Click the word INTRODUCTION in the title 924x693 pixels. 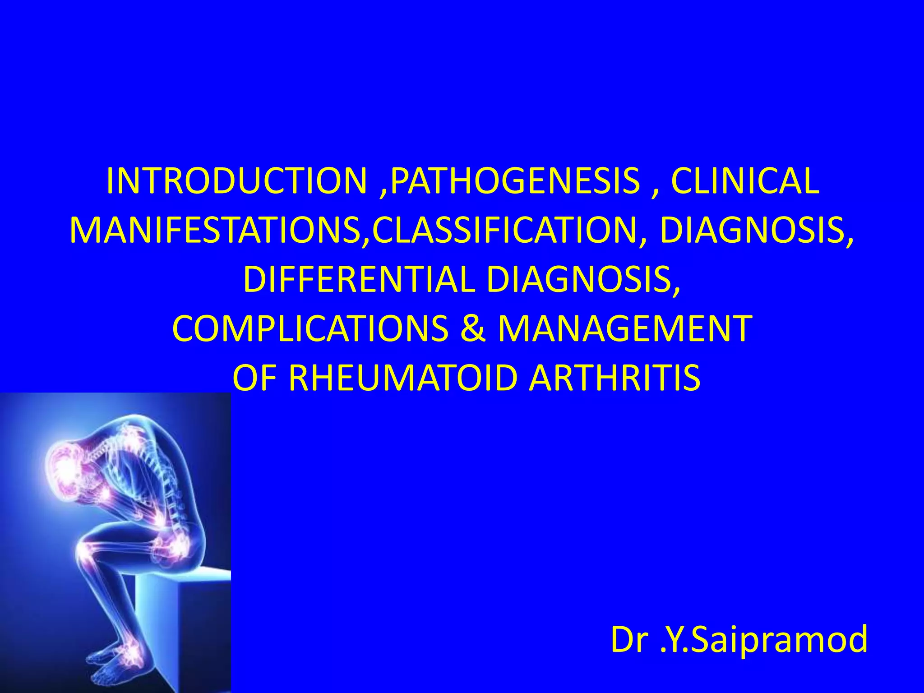pos(236,181)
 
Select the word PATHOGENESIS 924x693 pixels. pos(515,181)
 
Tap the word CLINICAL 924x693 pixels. pos(745,181)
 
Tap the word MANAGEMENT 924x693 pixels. pos(625,328)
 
